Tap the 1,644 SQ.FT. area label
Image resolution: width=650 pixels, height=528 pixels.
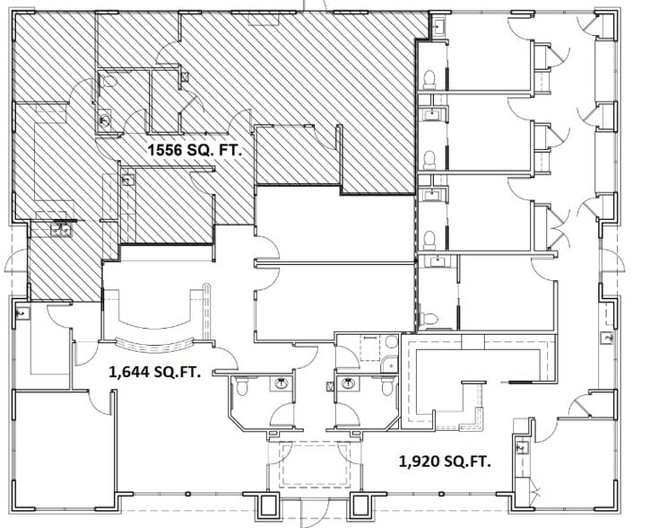pyautogui.click(x=153, y=370)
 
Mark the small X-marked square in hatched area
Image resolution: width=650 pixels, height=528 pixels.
pyautogui.click(x=185, y=78)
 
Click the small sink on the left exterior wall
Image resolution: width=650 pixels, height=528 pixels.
pyautogui.click(x=21, y=313)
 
